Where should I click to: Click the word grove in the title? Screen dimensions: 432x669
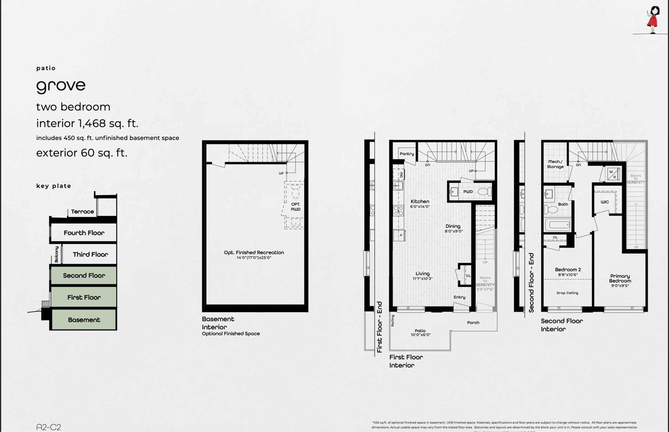click(61, 86)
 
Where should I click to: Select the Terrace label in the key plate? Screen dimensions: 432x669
click(82, 211)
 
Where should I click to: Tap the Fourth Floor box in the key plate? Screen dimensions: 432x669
click(83, 233)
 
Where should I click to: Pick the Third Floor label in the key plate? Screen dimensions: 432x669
click(90, 254)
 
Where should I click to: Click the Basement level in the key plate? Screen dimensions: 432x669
click(83, 319)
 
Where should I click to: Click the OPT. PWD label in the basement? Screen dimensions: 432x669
click(296, 206)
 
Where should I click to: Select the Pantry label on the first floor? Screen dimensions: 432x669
click(407, 154)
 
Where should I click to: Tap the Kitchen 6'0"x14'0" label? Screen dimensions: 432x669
click(420, 204)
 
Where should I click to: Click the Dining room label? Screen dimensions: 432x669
click(453, 228)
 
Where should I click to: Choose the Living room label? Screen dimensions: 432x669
click(422, 276)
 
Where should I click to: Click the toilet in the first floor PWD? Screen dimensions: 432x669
click(484, 192)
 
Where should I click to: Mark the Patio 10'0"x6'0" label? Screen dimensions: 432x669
click(420, 332)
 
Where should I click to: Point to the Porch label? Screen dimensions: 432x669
click(473, 322)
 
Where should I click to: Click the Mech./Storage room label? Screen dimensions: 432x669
click(555, 164)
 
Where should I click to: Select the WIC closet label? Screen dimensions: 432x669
click(604, 202)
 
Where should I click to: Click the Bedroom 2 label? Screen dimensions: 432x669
click(568, 272)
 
